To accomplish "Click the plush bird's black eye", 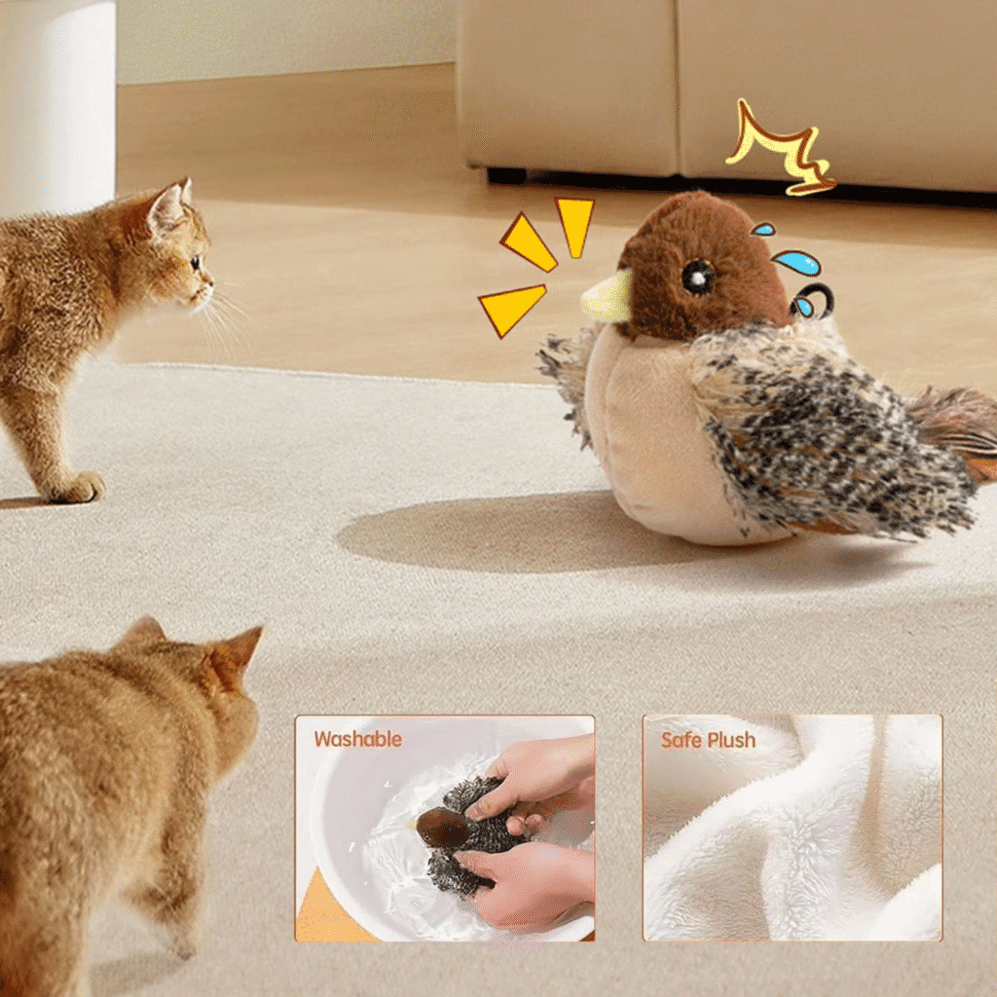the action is point(697,277).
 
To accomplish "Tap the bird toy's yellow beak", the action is point(608,296).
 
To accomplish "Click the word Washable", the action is point(358,739).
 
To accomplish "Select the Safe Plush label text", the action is point(709,740).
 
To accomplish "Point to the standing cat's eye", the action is point(195,262).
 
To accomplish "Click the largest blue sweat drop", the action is point(796,262).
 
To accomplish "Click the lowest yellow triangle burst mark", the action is point(510,309).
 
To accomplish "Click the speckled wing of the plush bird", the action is point(827,432).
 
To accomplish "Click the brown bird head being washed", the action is point(442,828).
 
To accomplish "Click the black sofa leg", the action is point(506,175).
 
